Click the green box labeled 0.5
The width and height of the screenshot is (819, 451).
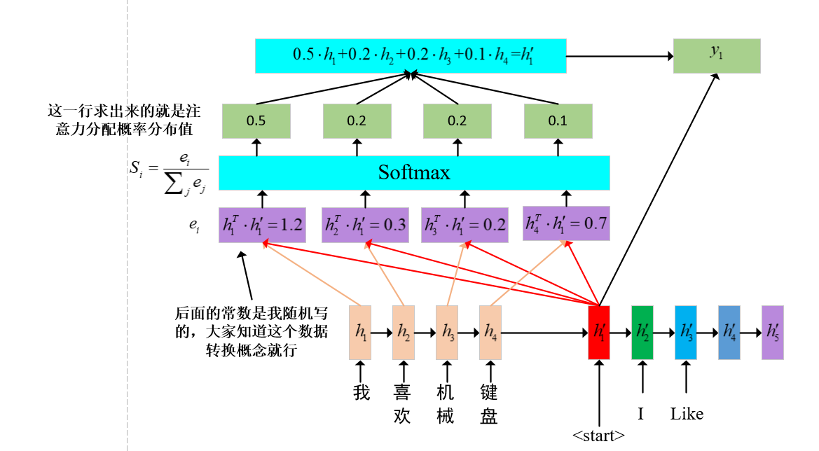pyautogui.click(x=256, y=120)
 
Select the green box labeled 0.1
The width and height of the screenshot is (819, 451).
pyautogui.click(x=558, y=120)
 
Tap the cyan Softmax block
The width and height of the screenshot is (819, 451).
pyautogui.click(x=414, y=172)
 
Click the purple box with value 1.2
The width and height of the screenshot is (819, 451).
pyautogui.click(x=263, y=224)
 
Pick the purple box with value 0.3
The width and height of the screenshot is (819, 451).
pyautogui.click(x=365, y=224)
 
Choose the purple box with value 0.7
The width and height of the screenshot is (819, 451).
pyautogui.click(x=566, y=224)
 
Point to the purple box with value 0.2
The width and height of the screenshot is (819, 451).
pyautogui.click(x=464, y=224)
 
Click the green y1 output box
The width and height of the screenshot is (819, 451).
pyautogui.click(x=716, y=55)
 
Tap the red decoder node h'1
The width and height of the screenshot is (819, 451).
pyautogui.click(x=599, y=333)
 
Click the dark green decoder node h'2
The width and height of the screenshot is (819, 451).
pyautogui.click(x=642, y=333)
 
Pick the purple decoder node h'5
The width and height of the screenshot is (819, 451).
pyautogui.click(x=772, y=333)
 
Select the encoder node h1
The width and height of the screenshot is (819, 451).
pyautogui.click(x=360, y=333)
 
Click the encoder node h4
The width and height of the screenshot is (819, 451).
pyautogui.click(x=490, y=333)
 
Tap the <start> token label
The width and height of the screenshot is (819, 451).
pyautogui.click(x=598, y=436)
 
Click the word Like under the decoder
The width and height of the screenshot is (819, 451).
pyautogui.click(x=686, y=414)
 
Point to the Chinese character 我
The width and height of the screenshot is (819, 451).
pyautogui.click(x=361, y=392)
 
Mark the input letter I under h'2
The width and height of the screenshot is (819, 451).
pyautogui.click(x=640, y=414)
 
